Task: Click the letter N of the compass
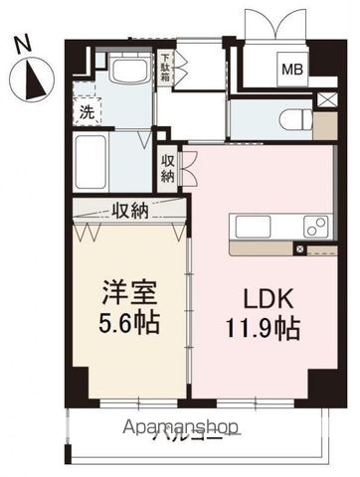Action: click(27, 44)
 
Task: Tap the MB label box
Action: click(292, 69)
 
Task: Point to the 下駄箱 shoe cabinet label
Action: click(166, 69)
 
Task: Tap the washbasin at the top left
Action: click(127, 71)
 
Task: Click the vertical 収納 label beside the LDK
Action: click(168, 166)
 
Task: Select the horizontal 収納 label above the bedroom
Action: click(129, 211)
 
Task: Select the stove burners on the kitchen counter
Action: click(316, 226)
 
